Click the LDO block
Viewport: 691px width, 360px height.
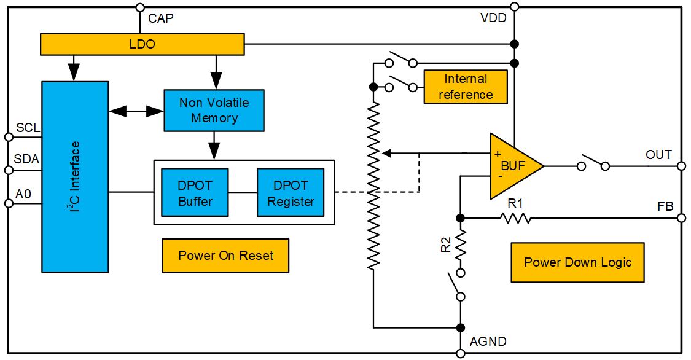click(x=142, y=44)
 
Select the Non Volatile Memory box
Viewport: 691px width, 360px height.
click(x=214, y=110)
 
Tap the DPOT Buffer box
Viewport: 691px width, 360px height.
click(x=195, y=192)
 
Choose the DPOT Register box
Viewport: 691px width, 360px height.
click(x=291, y=192)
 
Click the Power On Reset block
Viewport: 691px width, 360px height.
click(x=225, y=256)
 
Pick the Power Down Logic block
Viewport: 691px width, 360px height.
click(x=577, y=262)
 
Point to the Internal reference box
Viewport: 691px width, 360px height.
click(x=466, y=87)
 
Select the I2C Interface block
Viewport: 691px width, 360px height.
click(x=75, y=177)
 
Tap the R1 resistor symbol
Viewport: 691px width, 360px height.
click(x=515, y=217)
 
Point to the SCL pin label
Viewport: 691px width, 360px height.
click(x=28, y=128)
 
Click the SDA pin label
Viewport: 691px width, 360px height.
click(x=26, y=159)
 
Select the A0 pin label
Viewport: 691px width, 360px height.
click(x=23, y=194)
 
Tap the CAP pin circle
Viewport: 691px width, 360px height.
click(x=140, y=7)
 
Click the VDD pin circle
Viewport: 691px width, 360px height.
click(x=514, y=7)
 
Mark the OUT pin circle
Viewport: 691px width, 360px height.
click(x=681, y=166)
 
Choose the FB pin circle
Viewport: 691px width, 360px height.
click(x=681, y=217)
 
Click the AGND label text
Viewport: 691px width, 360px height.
click(x=488, y=342)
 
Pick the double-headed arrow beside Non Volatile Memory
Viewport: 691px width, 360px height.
click(x=136, y=111)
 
